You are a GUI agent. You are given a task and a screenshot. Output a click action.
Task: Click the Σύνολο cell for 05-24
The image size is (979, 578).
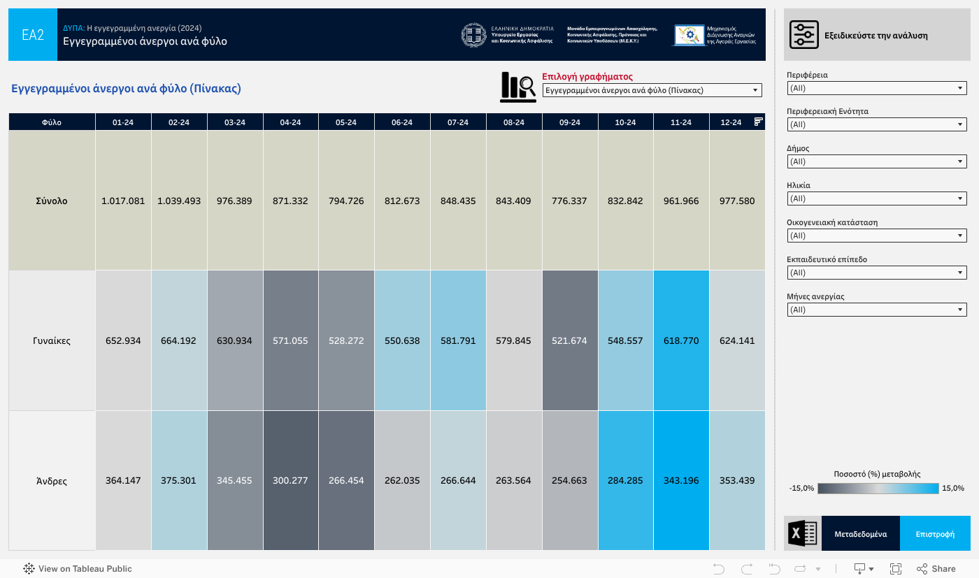tap(346, 201)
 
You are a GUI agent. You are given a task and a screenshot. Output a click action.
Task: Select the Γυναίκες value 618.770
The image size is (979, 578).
tap(681, 341)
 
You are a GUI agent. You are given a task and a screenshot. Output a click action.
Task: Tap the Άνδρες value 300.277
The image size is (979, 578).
tap(290, 481)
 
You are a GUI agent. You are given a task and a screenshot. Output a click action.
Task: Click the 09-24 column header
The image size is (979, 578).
tap(569, 122)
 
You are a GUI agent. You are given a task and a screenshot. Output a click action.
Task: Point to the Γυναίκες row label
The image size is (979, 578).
tap(52, 341)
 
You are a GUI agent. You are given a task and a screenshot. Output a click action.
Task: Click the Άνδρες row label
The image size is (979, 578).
tap(52, 481)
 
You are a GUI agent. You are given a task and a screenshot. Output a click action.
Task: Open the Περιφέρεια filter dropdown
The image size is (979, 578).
tap(877, 88)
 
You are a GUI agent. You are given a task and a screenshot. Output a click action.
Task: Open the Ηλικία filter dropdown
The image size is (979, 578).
tap(877, 198)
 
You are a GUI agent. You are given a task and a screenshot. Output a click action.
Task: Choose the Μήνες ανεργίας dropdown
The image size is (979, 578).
tap(877, 310)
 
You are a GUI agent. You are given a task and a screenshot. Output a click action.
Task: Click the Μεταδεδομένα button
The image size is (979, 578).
tap(860, 534)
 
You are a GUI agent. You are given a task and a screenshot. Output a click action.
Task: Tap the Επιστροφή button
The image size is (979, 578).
tap(935, 534)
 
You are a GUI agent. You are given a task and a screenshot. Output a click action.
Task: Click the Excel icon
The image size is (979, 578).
tap(803, 534)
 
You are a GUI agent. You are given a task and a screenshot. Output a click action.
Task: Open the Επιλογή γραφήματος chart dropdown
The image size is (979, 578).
tap(652, 90)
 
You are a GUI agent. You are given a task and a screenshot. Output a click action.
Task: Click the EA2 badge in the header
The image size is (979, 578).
tap(33, 35)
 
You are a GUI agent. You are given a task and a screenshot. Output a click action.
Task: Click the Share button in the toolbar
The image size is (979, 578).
tap(936, 569)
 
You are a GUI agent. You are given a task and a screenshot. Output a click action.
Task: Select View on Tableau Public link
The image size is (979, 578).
tap(78, 569)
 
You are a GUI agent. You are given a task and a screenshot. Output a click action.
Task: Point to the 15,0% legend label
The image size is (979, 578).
tap(953, 488)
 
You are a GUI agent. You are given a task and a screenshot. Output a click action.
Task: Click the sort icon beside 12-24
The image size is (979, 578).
tap(758, 122)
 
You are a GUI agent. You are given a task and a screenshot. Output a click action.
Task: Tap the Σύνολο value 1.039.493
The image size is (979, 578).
tap(179, 201)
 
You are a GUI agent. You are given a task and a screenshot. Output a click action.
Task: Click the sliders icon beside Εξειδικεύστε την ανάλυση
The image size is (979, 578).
tap(804, 35)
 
